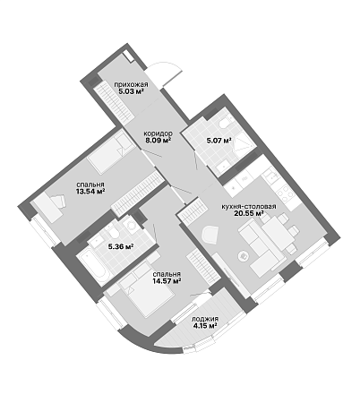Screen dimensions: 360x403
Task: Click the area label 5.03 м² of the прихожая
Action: click(x=132, y=91)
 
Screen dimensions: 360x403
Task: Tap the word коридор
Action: click(x=158, y=133)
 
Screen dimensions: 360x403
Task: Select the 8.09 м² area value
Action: click(x=158, y=140)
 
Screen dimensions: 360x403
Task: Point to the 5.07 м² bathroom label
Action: click(x=219, y=140)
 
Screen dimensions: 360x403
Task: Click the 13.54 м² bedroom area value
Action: click(x=90, y=191)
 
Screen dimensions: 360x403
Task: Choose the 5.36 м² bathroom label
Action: click(x=120, y=246)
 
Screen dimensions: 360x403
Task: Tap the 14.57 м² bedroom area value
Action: click(x=167, y=280)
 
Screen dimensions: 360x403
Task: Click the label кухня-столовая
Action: click(x=248, y=207)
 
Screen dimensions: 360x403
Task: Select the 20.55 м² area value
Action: click(x=249, y=213)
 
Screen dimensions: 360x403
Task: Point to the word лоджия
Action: click(x=205, y=319)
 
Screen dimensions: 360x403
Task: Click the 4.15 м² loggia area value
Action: click(x=205, y=325)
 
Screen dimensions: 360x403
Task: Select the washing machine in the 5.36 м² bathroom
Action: click(x=130, y=225)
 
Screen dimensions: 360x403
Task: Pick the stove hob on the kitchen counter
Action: click(x=285, y=194)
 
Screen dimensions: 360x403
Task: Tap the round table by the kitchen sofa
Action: click(x=244, y=255)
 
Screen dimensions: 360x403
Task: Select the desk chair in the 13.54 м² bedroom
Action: click(x=59, y=201)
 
